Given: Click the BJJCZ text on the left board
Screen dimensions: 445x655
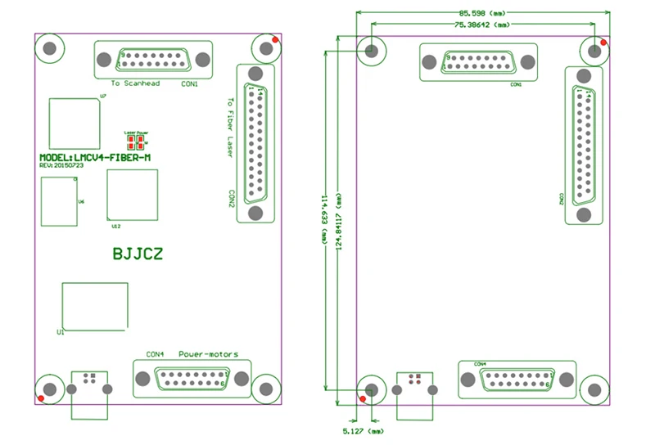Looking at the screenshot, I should (x=137, y=254).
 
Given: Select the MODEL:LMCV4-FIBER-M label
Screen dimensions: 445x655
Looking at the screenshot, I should (x=95, y=156).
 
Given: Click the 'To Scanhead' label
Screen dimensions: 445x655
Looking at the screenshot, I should (x=135, y=83).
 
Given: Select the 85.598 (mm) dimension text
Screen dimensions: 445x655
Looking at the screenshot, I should (x=483, y=13).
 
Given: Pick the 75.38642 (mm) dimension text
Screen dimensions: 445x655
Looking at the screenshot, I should (x=483, y=25).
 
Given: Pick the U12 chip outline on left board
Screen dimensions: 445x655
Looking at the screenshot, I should (x=133, y=196).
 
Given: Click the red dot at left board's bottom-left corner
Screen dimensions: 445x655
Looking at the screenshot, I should (x=39, y=398).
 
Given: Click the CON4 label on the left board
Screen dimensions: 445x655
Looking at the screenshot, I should (x=156, y=354).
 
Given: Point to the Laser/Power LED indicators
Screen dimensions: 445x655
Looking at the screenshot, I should (x=136, y=138).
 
